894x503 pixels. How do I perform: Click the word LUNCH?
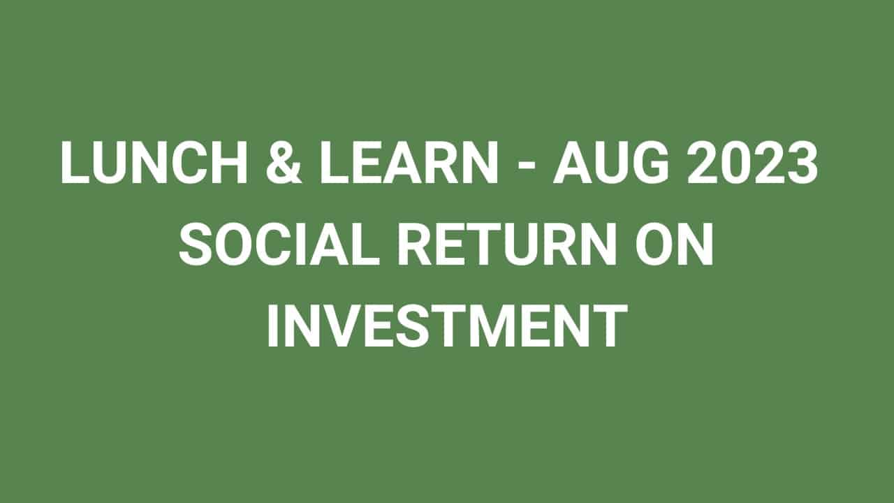click(x=154, y=162)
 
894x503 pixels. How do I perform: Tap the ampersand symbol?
click(x=284, y=162)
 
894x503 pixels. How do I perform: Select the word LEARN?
click(x=409, y=162)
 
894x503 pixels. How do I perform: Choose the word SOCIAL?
click(x=279, y=244)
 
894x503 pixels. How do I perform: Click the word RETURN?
click(x=507, y=244)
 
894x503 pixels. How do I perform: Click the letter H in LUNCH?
click(x=229, y=162)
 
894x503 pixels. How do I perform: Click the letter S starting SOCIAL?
click(x=196, y=244)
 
